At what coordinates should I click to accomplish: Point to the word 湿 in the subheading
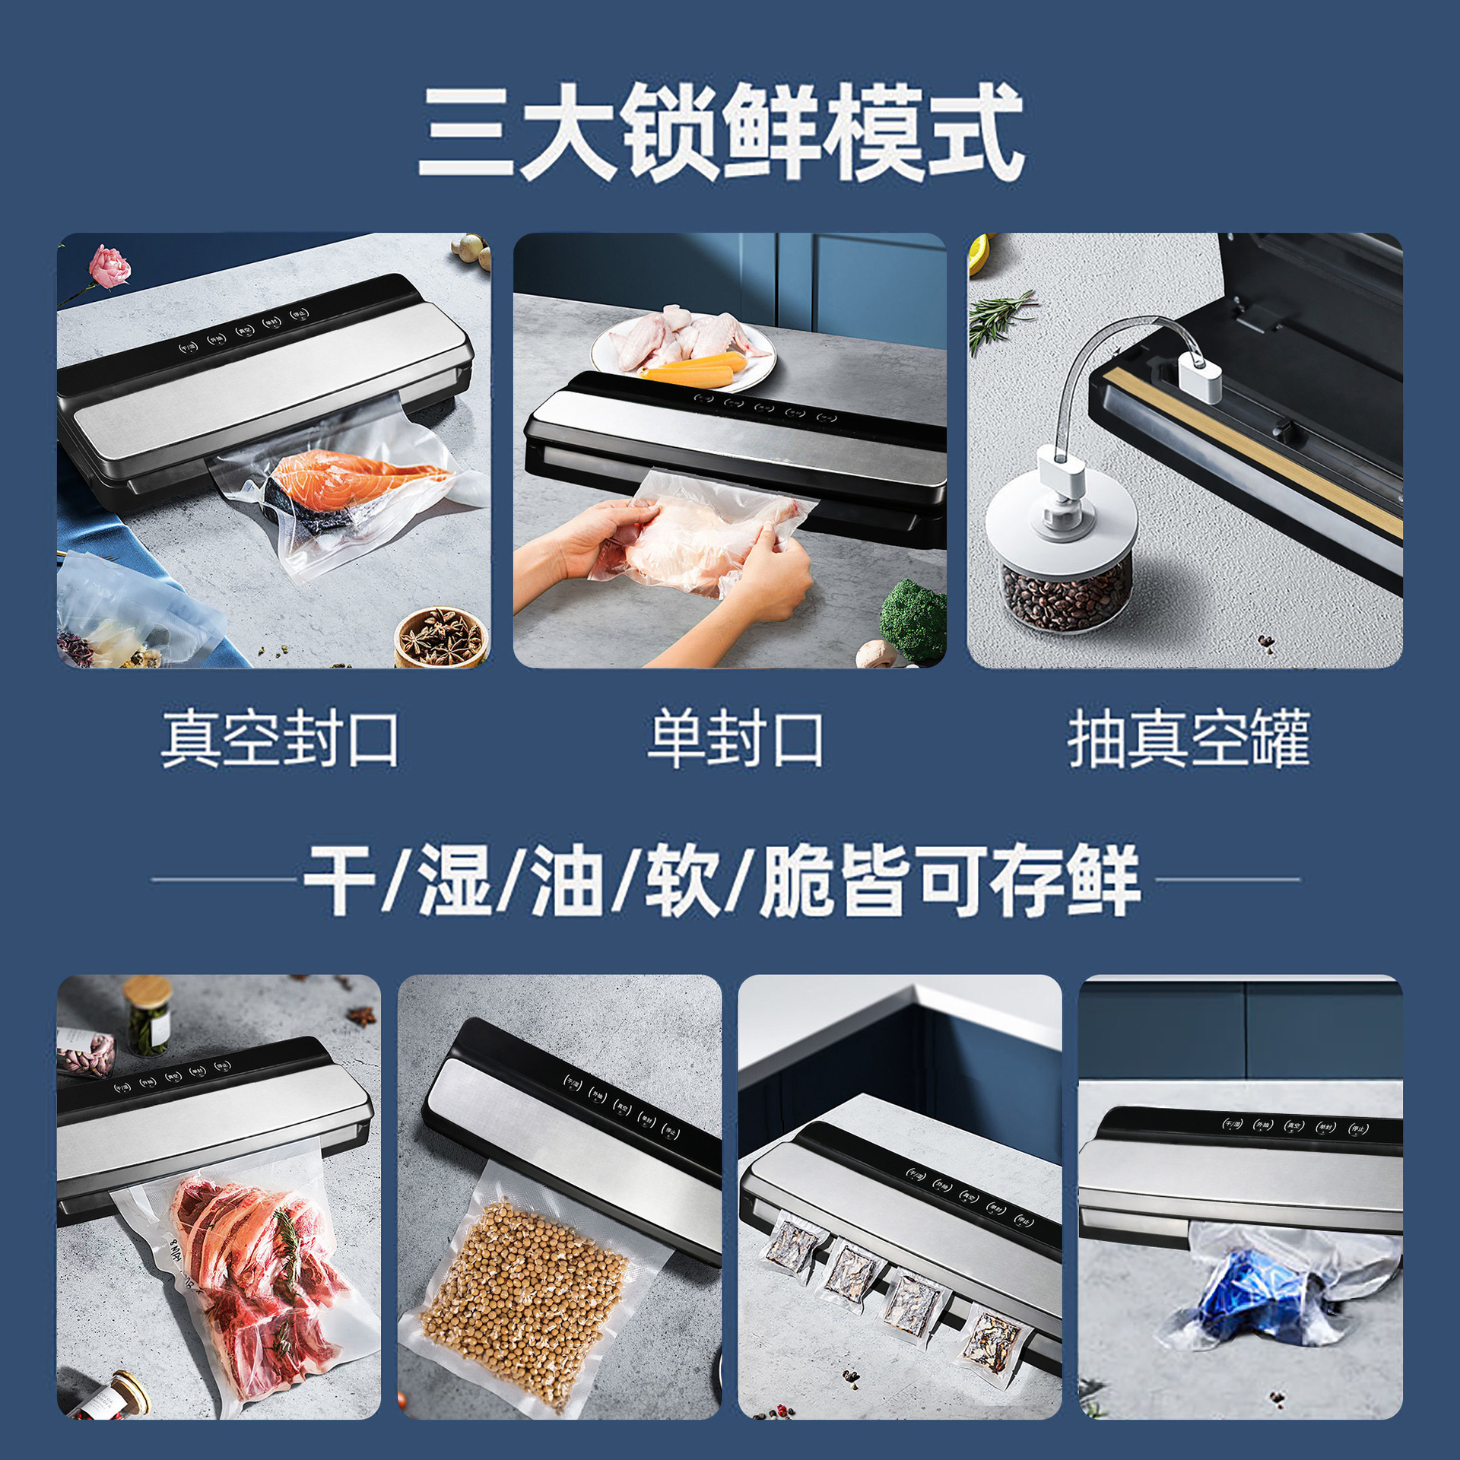click(x=455, y=880)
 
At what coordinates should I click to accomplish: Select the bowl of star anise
click(x=441, y=637)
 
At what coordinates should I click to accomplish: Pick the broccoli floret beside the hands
click(x=915, y=617)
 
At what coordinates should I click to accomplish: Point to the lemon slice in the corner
click(x=978, y=254)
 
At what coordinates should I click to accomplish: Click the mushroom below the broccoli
click(x=874, y=653)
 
